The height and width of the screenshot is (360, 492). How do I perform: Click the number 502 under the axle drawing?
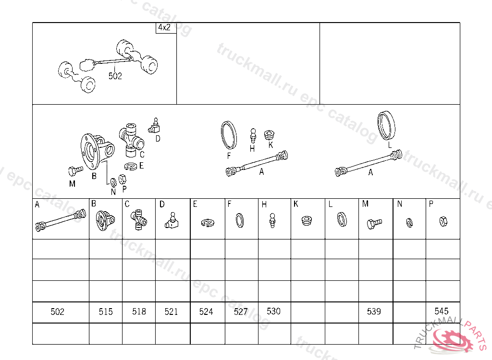pos(115,76)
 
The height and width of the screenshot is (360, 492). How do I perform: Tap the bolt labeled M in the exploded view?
pos(75,171)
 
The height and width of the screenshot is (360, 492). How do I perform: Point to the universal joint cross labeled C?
pos(131,140)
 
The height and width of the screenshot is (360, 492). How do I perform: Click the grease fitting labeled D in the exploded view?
pos(154,126)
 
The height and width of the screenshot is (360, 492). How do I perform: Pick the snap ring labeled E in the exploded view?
pos(131,166)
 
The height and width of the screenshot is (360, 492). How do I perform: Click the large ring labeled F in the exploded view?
pos(229,135)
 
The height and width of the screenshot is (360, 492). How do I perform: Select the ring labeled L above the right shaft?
pos(386,125)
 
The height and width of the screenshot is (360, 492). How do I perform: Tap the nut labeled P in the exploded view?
pos(123,179)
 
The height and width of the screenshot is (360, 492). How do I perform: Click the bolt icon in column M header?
pos(374,224)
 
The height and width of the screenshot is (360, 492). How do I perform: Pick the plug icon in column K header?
pos(307,220)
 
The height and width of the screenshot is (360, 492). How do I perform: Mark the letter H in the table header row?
pos(264,205)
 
